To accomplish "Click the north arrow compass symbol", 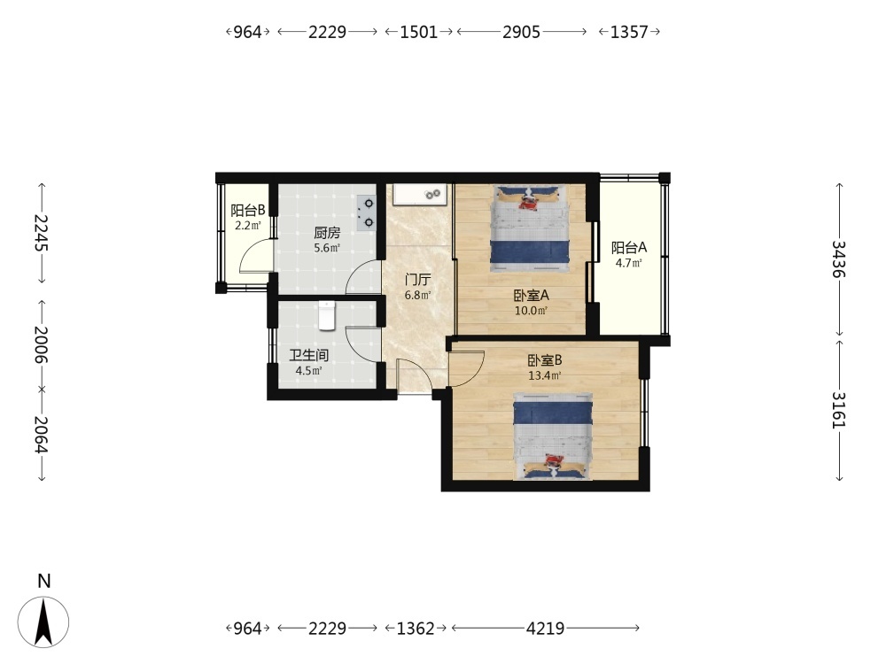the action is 43,622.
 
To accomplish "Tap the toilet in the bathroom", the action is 327,315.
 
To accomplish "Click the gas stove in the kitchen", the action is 366,212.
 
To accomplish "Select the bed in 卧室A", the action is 530,229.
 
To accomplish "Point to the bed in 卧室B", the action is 553,436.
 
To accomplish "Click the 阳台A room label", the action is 629,247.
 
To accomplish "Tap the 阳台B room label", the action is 247,211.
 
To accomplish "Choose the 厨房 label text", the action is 327,232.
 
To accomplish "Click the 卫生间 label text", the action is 309,355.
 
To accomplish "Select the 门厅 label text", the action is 418,280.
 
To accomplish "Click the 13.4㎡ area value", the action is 545,375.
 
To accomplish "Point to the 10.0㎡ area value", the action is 531,310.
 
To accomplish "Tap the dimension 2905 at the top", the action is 522,32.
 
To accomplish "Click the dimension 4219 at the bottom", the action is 545,628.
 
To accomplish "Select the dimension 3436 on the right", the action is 839,259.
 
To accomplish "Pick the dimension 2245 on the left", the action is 42,233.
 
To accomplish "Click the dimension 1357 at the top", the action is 629,32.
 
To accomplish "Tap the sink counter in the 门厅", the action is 421,194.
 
